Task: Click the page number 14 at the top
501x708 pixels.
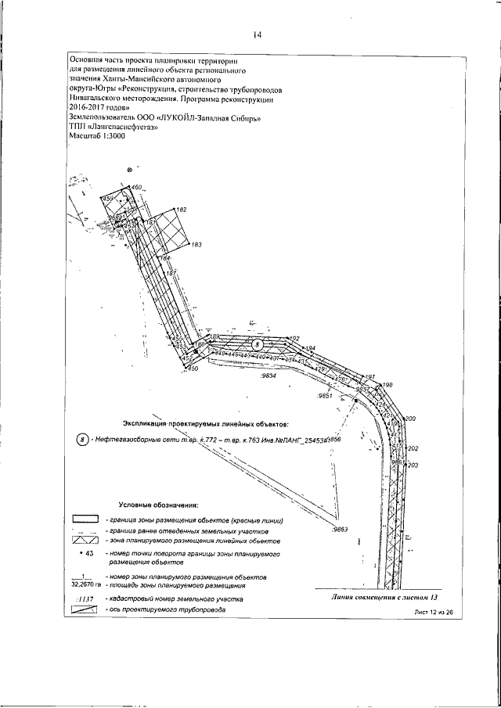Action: [256, 34]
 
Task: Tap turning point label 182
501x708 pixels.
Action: [181, 210]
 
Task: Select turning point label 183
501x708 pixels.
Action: [196, 245]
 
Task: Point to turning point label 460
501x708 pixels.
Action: [137, 188]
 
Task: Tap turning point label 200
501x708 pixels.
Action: [410, 419]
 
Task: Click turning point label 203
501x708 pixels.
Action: [414, 465]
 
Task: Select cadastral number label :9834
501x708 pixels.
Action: [268, 376]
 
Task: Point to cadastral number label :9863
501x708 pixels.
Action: [339, 530]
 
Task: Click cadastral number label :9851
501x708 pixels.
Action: [326, 397]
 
